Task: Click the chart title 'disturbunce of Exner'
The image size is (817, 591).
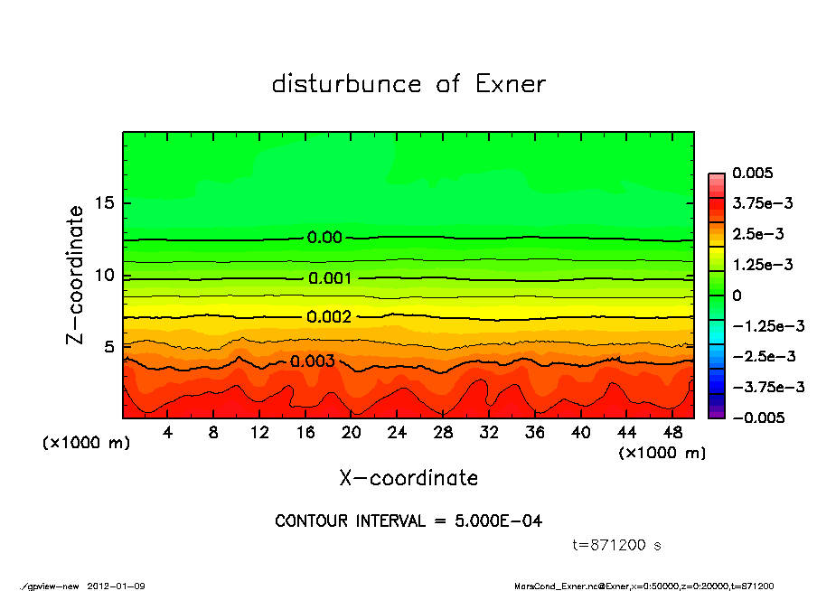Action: [x=408, y=84]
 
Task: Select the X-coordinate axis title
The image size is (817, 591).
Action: [x=408, y=477]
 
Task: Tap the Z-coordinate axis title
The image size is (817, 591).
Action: [x=75, y=275]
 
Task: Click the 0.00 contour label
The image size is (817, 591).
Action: [x=324, y=238]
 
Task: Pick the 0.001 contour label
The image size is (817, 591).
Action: [x=330, y=278]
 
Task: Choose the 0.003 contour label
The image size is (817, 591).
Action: [x=313, y=361]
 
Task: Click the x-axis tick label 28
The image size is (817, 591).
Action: [x=443, y=433]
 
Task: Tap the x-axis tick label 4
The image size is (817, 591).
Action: [x=168, y=433]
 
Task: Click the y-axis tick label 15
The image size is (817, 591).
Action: [x=104, y=203]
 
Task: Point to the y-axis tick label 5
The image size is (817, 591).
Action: [x=109, y=347]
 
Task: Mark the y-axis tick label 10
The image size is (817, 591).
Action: [x=104, y=275]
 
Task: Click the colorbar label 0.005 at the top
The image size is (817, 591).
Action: [x=751, y=173]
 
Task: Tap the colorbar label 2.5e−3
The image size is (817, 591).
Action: [x=757, y=234]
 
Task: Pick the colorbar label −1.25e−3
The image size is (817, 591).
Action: [x=767, y=325]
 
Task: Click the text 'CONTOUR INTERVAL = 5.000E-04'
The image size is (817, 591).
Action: [x=408, y=521]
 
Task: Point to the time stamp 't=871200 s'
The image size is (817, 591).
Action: [x=617, y=545]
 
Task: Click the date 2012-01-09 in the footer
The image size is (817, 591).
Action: [x=116, y=586]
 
